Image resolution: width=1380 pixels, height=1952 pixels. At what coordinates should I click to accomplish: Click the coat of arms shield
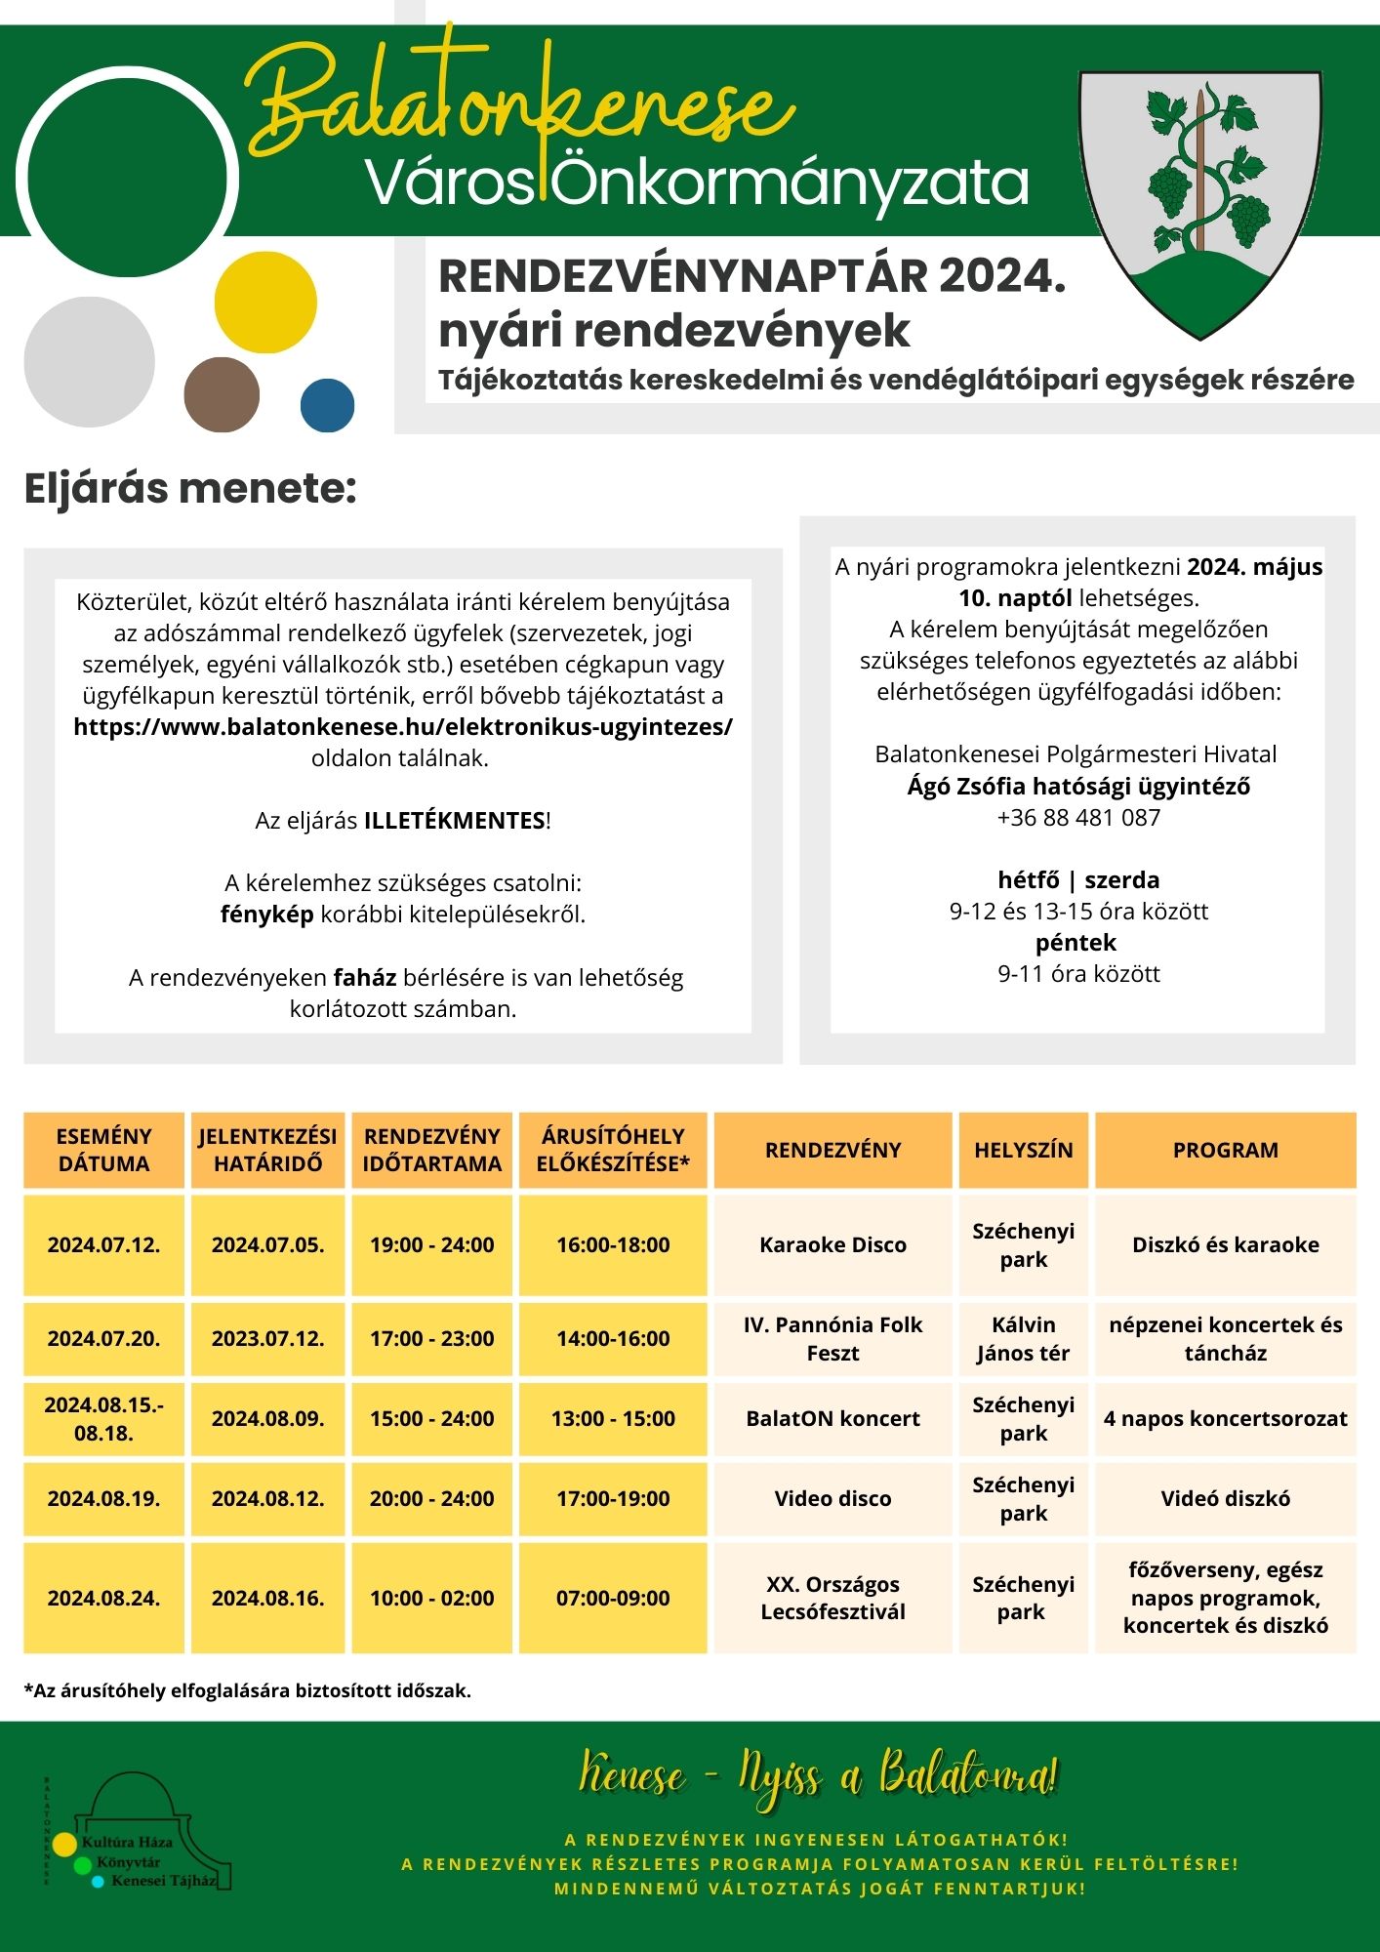tap(1199, 200)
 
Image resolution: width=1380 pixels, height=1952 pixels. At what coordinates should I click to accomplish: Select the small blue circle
tap(327, 405)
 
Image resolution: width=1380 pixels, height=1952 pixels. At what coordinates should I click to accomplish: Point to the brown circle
tap(222, 394)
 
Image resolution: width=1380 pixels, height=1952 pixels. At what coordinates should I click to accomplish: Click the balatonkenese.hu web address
tap(402, 727)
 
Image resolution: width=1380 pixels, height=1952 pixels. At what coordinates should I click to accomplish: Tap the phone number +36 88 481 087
tap(1078, 817)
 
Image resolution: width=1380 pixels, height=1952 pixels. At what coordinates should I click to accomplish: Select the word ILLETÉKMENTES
tap(454, 821)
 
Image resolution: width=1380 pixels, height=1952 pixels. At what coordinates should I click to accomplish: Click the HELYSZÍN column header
tap(1023, 1150)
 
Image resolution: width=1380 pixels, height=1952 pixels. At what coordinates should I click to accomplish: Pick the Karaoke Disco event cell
tap(832, 1244)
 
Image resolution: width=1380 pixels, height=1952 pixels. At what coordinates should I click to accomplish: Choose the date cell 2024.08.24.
tap(103, 1598)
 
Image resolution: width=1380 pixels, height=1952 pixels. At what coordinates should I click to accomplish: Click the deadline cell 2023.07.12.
tap(267, 1338)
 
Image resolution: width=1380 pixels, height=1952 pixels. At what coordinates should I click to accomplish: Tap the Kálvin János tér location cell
tap(1023, 1338)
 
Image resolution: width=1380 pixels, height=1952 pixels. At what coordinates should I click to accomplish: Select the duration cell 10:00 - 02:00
tap(431, 1598)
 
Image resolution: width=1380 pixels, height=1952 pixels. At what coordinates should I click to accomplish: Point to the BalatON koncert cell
tap(832, 1418)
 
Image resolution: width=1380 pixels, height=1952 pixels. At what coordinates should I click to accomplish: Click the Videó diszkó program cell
tap(1225, 1498)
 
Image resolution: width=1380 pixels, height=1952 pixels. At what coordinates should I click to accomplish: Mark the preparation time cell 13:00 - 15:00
tap(613, 1418)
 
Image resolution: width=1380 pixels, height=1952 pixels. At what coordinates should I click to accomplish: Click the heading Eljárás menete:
tap(190, 489)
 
